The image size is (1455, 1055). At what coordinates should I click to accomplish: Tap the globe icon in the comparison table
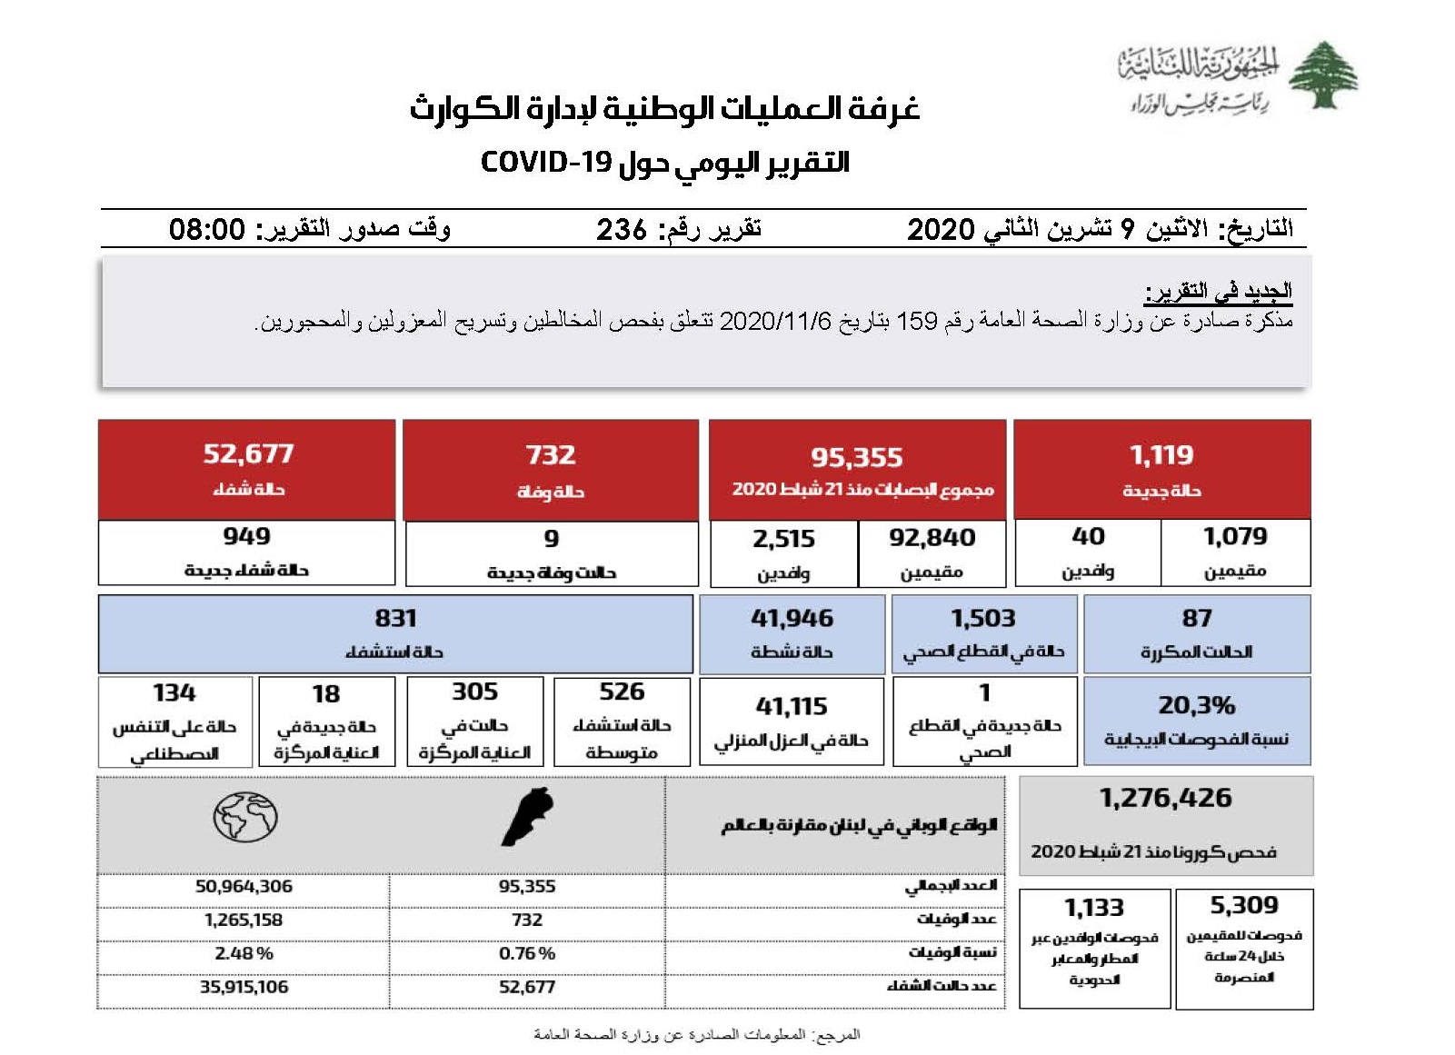pyautogui.click(x=244, y=817)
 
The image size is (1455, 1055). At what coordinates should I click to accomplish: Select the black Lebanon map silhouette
pyautogui.click(x=528, y=817)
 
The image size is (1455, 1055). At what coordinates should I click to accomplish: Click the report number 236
pyautogui.click(x=622, y=229)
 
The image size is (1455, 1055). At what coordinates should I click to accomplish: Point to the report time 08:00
pyautogui.click(x=207, y=229)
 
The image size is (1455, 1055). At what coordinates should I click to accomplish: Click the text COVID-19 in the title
pyautogui.click(x=546, y=163)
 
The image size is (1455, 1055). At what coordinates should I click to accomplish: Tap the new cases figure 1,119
pyautogui.click(x=1161, y=455)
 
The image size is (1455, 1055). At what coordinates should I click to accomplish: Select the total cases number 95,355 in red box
pyautogui.click(x=857, y=457)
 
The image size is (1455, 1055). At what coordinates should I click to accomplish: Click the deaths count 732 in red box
pyautogui.click(x=551, y=455)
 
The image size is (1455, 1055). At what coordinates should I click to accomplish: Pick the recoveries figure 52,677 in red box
pyautogui.click(x=248, y=453)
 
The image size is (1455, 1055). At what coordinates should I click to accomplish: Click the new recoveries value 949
pyautogui.click(x=246, y=536)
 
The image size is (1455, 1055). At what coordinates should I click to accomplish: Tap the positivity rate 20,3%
pyautogui.click(x=1196, y=705)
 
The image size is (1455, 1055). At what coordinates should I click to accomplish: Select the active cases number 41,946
pyautogui.click(x=792, y=619)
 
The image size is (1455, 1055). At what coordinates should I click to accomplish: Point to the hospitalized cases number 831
pyautogui.click(x=395, y=619)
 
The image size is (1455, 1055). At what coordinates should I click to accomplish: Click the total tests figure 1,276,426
pyautogui.click(x=1165, y=798)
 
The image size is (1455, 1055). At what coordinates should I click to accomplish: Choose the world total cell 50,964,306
pyautogui.click(x=244, y=886)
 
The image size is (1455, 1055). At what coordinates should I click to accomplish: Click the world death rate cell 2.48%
pyautogui.click(x=244, y=953)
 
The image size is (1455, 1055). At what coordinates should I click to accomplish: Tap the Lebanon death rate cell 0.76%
pyautogui.click(x=527, y=953)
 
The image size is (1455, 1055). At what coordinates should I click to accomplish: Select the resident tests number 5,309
pyautogui.click(x=1243, y=905)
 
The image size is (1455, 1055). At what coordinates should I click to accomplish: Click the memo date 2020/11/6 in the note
pyautogui.click(x=775, y=321)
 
